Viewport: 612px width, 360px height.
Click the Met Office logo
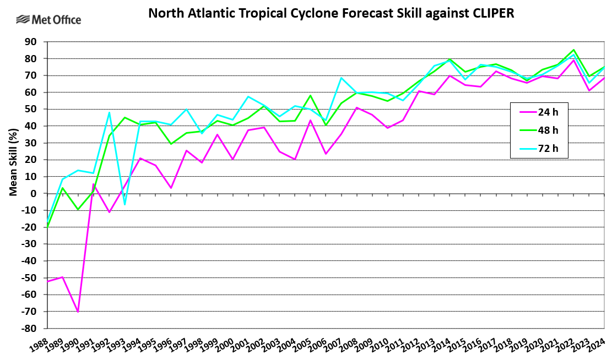tap(48, 20)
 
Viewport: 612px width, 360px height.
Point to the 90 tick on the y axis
tap(30, 42)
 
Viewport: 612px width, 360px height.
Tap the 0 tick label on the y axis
tap(33, 193)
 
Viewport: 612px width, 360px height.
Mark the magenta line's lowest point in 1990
tap(78, 312)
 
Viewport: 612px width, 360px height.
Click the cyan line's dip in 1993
tap(124, 205)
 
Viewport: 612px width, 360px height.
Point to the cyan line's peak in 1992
tap(109, 113)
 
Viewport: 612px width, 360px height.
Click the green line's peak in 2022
tap(574, 50)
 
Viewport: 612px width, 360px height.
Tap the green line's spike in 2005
tap(311, 96)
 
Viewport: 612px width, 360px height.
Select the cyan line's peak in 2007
tap(342, 78)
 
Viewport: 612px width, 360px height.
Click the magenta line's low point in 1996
tap(171, 188)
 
